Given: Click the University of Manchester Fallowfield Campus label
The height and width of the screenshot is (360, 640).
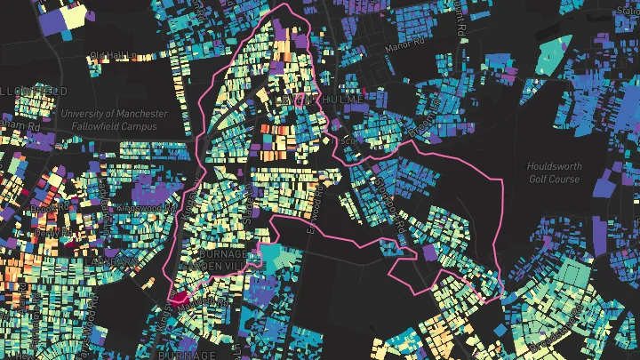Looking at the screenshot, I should (x=114, y=120).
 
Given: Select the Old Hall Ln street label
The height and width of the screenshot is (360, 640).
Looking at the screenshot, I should (x=111, y=56).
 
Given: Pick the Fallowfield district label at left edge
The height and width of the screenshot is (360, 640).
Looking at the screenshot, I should (x=34, y=92).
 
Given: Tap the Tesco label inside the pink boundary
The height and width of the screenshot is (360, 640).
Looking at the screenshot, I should (x=347, y=140).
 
